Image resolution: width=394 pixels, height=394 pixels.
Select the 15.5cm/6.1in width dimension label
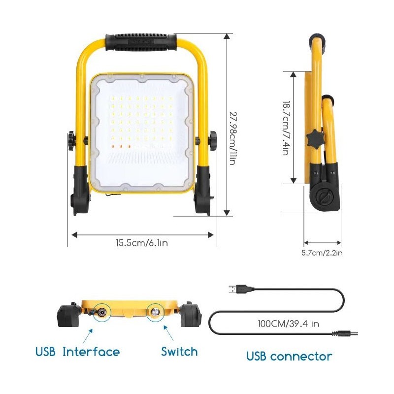[143, 242]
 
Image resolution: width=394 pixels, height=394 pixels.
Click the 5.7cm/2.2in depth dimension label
[322, 253]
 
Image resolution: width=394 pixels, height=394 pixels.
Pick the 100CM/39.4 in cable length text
[289, 325]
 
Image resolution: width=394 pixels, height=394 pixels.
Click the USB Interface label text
[77, 352]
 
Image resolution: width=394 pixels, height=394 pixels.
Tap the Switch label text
[179, 352]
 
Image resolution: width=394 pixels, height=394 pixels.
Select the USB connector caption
[289, 356]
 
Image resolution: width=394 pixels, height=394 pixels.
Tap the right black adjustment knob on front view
[213, 141]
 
